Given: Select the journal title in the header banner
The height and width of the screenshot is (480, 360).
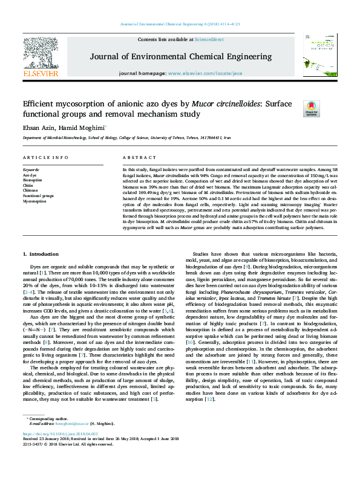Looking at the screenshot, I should coord(181,56).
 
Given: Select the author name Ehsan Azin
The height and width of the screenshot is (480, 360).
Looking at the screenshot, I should coord(36,128).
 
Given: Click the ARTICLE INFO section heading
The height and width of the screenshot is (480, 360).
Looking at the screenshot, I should coord(45,158).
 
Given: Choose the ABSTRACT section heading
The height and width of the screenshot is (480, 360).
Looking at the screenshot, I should coord(136,158).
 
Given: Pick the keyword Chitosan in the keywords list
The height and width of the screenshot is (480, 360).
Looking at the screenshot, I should coord(31,190).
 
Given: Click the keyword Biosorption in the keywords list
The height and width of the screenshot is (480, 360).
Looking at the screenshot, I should coord(33,180).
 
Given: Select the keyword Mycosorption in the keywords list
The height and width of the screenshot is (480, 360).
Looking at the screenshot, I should coord(34,201).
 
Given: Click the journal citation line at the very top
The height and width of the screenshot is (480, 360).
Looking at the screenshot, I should coord(180,24).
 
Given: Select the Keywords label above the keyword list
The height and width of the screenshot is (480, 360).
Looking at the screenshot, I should coord(31,170).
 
